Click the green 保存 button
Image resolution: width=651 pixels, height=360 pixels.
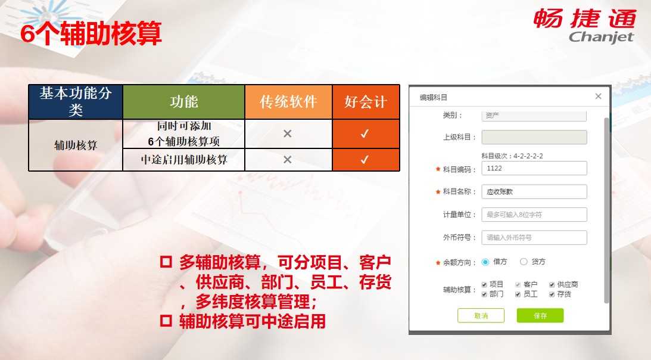540,315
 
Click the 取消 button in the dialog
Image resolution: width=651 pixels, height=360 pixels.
481,315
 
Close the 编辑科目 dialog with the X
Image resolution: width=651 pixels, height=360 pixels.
598,96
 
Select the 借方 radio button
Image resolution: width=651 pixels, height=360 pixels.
485,262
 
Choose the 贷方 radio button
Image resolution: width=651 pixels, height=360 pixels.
524,262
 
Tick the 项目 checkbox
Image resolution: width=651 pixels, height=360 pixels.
484,285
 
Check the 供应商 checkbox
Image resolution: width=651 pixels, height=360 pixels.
552,285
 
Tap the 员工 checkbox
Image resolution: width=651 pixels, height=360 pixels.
518,294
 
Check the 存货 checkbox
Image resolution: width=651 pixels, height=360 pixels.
552,294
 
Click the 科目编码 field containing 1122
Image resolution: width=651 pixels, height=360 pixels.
534,168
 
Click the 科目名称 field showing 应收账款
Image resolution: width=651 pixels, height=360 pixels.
534,192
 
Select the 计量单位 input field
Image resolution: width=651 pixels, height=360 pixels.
534,215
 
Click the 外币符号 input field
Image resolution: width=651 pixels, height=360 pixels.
534,237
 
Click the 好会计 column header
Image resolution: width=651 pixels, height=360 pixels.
366,102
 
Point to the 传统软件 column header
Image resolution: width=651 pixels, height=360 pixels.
288,102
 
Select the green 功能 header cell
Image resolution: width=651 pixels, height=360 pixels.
184,102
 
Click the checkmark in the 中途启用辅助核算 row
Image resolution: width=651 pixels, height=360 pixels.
365,160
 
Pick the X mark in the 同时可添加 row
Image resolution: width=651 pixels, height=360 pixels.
287,134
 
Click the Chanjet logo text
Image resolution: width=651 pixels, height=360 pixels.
601,37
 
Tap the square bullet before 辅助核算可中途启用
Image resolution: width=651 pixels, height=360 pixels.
166,321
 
